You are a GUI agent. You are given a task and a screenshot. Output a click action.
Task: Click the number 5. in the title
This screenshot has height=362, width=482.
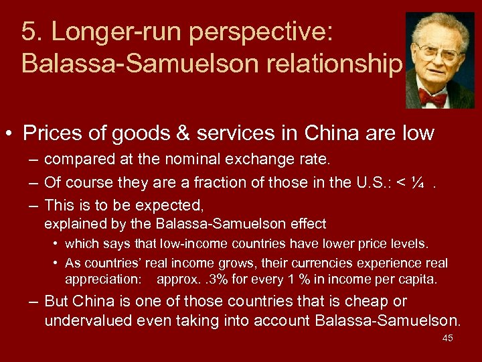coord(31,31)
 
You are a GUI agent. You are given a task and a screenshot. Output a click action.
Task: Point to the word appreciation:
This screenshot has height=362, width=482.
coord(104,278)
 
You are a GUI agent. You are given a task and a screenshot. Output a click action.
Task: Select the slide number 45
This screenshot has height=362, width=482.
coord(447,338)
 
